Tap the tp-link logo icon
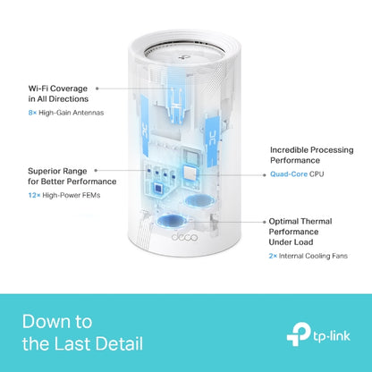299,337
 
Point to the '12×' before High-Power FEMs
32,195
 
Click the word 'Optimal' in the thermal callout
287,220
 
